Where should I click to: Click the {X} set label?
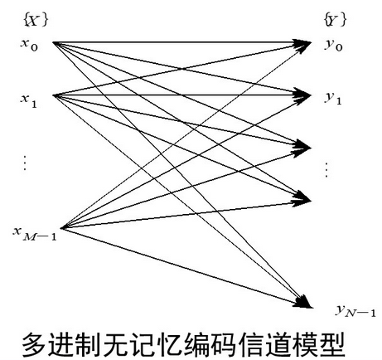point(31,17)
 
